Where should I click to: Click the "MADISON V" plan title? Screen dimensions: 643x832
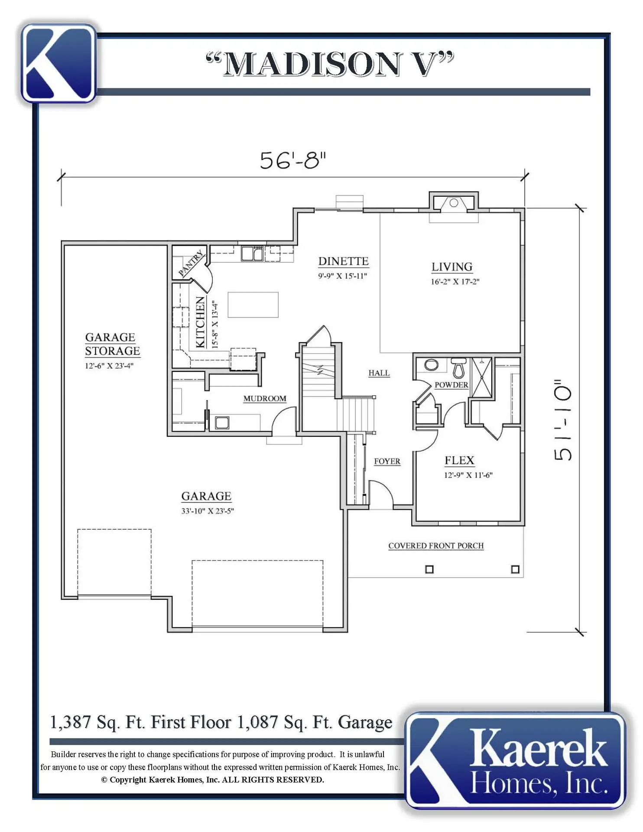pyautogui.click(x=330, y=64)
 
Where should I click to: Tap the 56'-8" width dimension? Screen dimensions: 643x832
pyautogui.click(x=292, y=160)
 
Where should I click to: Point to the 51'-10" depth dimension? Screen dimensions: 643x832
pyautogui.click(x=563, y=420)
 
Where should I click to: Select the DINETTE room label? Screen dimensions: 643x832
pyautogui.click(x=344, y=261)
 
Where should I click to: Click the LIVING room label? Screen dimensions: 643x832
pyautogui.click(x=452, y=267)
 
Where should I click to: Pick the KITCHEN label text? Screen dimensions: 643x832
pyautogui.click(x=200, y=322)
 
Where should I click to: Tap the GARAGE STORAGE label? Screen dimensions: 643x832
pyautogui.click(x=113, y=344)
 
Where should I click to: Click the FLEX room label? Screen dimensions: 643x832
pyautogui.click(x=459, y=460)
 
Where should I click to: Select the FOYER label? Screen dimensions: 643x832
pyautogui.click(x=387, y=461)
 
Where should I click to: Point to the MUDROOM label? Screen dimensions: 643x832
pyautogui.click(x=265, y=399)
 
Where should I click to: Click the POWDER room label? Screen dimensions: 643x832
pyautogui.click(x=451, y=385)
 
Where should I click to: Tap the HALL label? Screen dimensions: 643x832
pyautogui.click(x=379, y=373)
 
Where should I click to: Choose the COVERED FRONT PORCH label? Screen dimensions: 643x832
pyautogui.click(x=436, y=546)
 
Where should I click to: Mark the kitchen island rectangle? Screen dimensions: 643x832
pyautogui.click(x=253, y=305)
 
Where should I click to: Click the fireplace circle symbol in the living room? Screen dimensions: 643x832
pyautogui.click(x=454, y=203)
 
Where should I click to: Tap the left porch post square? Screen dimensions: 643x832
pyautogui.click(x=429, y=569)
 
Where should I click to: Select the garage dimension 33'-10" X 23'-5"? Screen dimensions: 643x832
pyautogui.click(x=208, y=511)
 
